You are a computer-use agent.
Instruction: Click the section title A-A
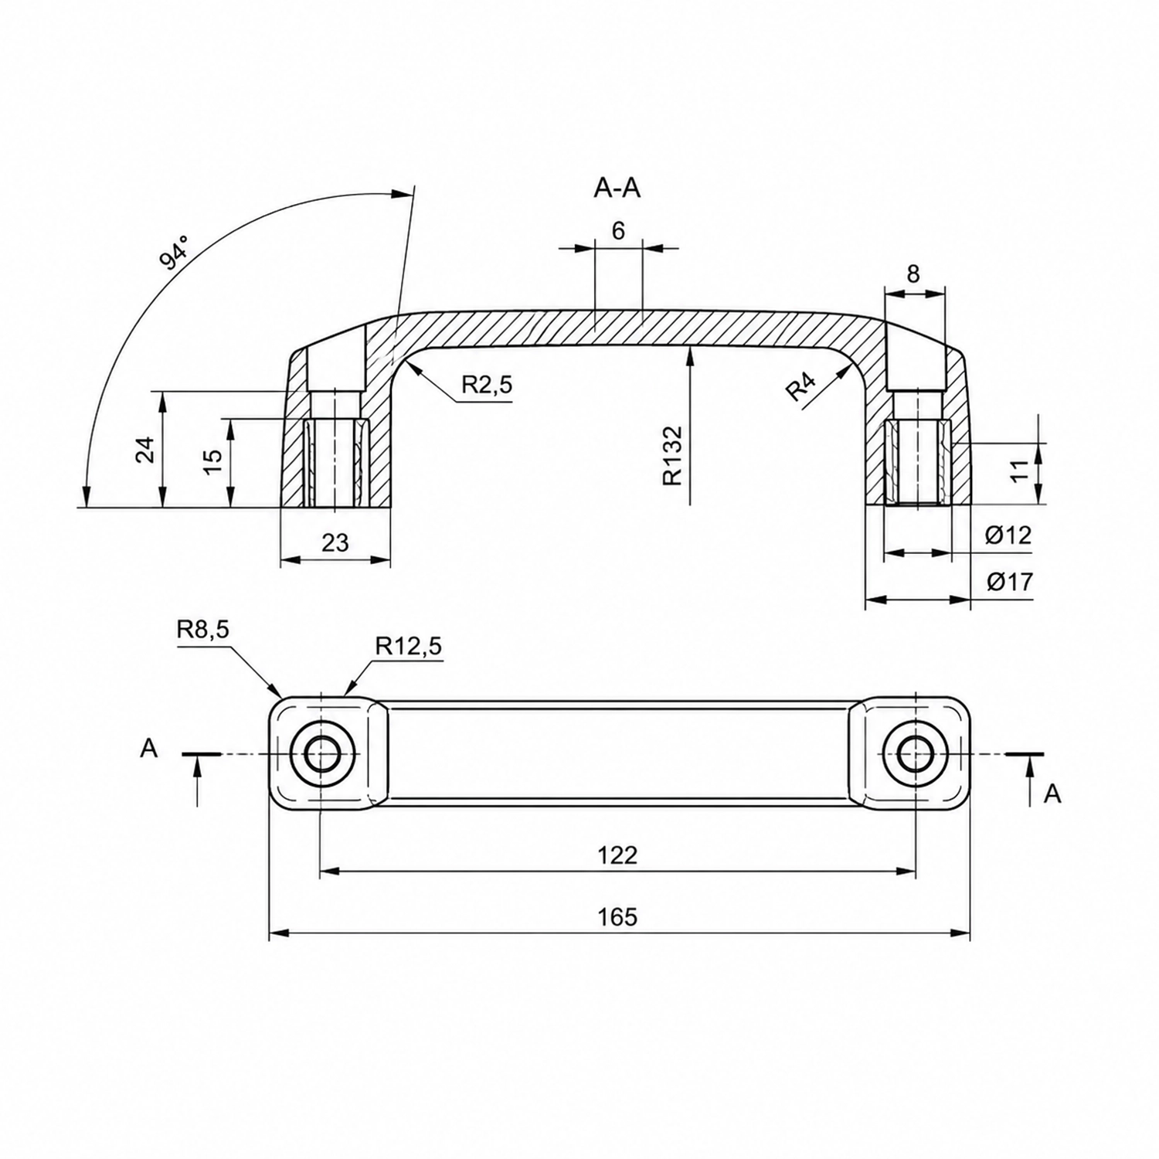point(617,188)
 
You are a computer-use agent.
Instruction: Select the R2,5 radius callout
point(487,385)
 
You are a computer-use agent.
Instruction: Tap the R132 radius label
point(673,455)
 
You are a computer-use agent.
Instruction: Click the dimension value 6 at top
point(618,230)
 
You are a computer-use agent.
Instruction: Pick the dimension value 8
point(913,274)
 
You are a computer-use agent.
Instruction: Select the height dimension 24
point(146,450)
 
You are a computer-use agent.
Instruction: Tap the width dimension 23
point(335,542)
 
